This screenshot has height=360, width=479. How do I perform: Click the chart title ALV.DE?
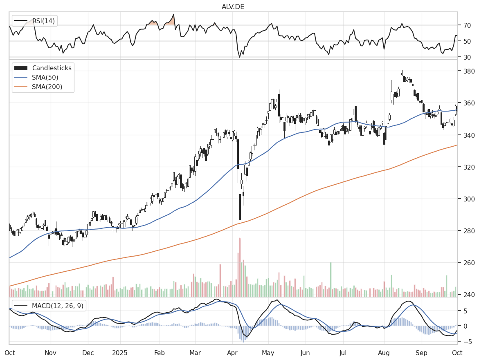click(233, 7)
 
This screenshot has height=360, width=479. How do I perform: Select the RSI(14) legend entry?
click(40, 21)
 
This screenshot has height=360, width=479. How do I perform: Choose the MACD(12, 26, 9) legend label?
click(55, 305)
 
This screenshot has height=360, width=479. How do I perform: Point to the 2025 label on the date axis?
click(120, 352)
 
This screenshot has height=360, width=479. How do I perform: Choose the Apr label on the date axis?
click(232, 352)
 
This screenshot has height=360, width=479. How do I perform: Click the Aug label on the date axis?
click(384, 352)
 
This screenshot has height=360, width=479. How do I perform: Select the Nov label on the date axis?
click(50, 352)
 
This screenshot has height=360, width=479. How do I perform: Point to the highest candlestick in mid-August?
click(402, 74)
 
